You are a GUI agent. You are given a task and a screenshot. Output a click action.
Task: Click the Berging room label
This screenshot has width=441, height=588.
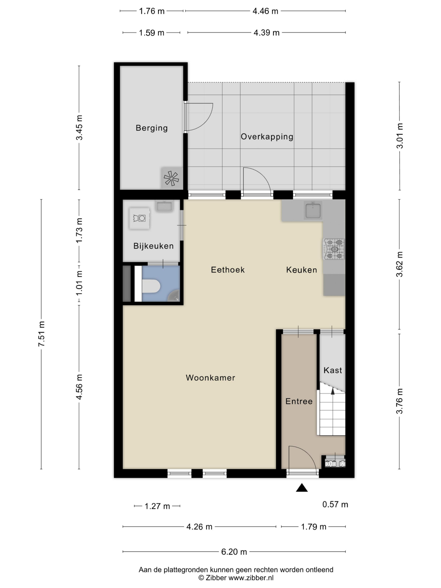tap(152, 128)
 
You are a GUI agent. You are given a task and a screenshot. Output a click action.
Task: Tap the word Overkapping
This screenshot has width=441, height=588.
tap(267, 137)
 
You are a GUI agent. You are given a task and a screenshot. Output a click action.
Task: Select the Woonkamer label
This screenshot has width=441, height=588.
tap(210, 378)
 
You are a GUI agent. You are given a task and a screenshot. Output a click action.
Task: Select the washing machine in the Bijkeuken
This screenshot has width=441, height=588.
tap(139, 218)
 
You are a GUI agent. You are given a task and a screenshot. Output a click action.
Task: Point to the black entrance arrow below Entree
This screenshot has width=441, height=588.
tap(302, 488)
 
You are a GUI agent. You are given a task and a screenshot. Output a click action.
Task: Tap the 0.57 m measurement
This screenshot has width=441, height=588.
tap(335, 504)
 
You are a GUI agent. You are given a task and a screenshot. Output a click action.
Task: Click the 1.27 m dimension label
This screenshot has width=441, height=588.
tap(157, 506)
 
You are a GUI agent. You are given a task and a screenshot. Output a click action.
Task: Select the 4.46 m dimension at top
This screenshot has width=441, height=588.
tap(265, 11)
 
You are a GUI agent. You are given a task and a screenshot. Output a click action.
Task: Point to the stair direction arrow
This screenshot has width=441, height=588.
tap(332, 391)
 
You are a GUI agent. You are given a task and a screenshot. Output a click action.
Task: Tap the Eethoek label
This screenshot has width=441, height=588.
tap(228, 270)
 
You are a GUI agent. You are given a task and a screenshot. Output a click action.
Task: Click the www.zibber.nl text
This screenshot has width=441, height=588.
tap(251, 578)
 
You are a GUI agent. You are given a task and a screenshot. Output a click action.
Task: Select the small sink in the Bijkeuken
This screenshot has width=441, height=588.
tap(164, 206)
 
